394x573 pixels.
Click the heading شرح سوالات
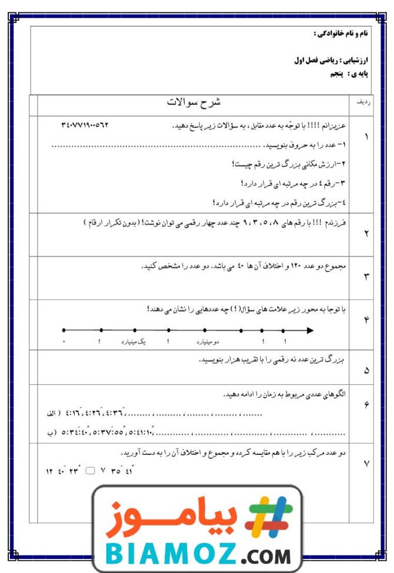pyautogui.click(x=193, y=102)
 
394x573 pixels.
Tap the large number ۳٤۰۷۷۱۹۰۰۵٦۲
pyautogui.click(x=85, y=125)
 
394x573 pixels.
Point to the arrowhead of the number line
pyautogui.click(x=310, y=330)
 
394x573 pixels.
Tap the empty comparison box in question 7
pyautogui.click(x=90, y=471)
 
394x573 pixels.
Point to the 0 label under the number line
pyautogui.click(x=64, y=341)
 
